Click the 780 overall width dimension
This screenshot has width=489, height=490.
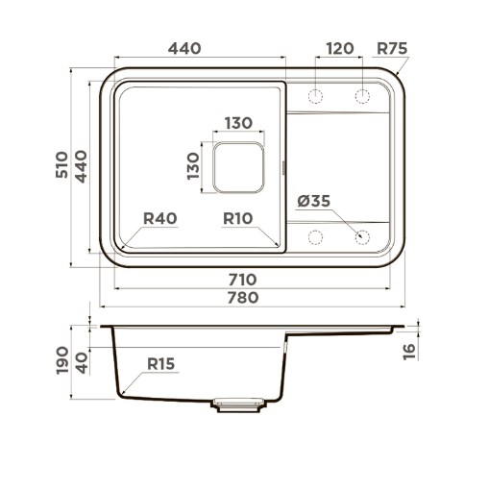coord(243,298)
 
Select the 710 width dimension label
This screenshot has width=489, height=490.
coord(242,280)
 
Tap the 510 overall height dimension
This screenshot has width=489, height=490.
coord(62,165)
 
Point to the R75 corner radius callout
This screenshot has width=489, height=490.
coord(392,49)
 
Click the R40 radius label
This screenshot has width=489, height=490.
coord(159,218)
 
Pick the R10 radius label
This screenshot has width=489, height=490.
coord(238,218)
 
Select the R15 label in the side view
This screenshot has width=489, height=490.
coord(160,364)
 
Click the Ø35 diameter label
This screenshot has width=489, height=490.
coord(313,201)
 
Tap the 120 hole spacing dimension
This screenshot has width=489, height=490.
coord(340,49)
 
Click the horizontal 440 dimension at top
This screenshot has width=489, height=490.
coord(184,49)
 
